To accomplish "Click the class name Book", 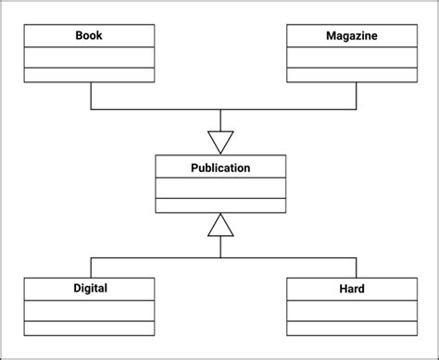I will click(89, 36).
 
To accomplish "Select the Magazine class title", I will click(351, 36).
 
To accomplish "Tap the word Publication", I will click(220, 168).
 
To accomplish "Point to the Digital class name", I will click(90, 288).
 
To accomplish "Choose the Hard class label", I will click(352, 289).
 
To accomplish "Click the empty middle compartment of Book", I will click(89, 57).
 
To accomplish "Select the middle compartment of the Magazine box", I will click(351, 57).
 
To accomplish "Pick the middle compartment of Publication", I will click(220, 189).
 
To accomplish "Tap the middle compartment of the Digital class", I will click(89, 310).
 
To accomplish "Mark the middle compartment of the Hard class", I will click(351, 310).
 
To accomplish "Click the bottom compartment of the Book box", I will click(89, 75).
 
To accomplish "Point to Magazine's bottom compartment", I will click(351, 75).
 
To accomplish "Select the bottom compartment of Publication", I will click(220, 205).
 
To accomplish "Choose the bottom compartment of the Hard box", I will click(351, 328).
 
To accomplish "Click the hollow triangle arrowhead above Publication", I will click(220, 142).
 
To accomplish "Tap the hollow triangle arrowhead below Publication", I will click(220, 225).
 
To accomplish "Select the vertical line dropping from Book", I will click(90, 96).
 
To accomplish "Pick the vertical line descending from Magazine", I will click(352, 96).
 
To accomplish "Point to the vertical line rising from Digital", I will click(90, 266).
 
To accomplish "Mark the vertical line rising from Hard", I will click(352, 266).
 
